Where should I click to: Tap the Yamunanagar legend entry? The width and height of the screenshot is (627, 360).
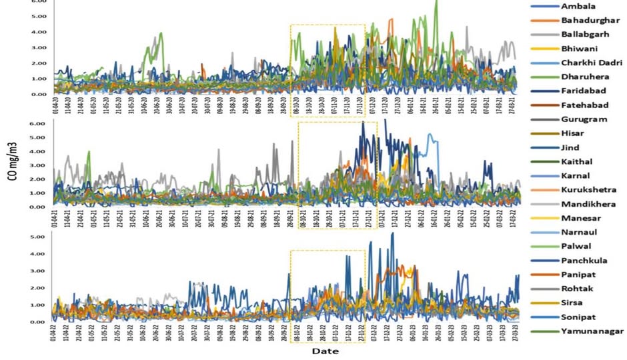[x=592, y=331]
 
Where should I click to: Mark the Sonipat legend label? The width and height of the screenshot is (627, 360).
[x=580, y=316]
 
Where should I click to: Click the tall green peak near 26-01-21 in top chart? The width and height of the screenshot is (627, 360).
[x=436, y=3]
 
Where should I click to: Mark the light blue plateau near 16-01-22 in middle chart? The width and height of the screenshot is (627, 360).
[x=432, y=137]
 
